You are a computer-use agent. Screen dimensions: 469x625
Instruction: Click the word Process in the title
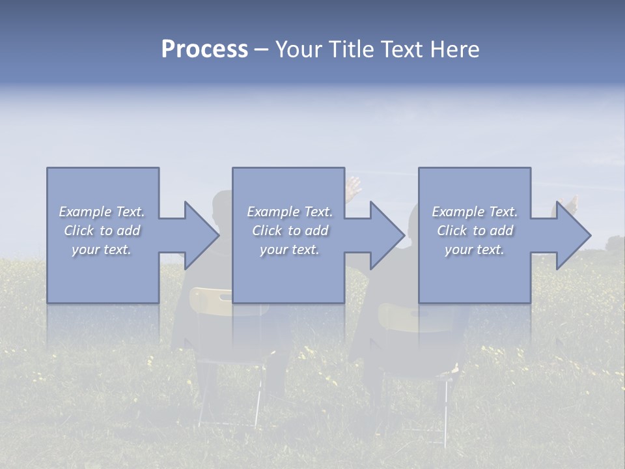pyautogui.click(x=204, y=50)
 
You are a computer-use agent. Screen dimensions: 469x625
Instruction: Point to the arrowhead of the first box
pyautogui.click(x=202, y=235)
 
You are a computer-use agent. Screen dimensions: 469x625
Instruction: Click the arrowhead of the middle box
pyautogui.click(x=387, y=235)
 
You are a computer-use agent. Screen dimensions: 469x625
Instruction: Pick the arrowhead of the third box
pyautogui.click(x=574, y=235)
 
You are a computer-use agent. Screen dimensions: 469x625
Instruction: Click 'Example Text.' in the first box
pyautogui.click(x=102, y=212)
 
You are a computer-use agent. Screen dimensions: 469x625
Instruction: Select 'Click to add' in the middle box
pyautogui.click(x=290, y=231)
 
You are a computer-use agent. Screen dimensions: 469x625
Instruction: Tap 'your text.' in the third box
pyautogui.click(x=475, y=249)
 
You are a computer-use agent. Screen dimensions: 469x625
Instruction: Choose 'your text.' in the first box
pyautogui.click(x=102, y=249)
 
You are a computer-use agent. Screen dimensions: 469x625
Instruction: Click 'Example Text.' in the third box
pyautogui.click(x=475, y=212)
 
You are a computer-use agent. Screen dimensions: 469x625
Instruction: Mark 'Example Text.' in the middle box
pyautogui.click(x=290, y=212)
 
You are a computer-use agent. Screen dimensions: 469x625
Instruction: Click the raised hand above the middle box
pyautogui.click(x=354, y=188)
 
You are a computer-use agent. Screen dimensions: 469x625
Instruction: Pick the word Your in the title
pyautogui.click(x=299, y=50)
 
